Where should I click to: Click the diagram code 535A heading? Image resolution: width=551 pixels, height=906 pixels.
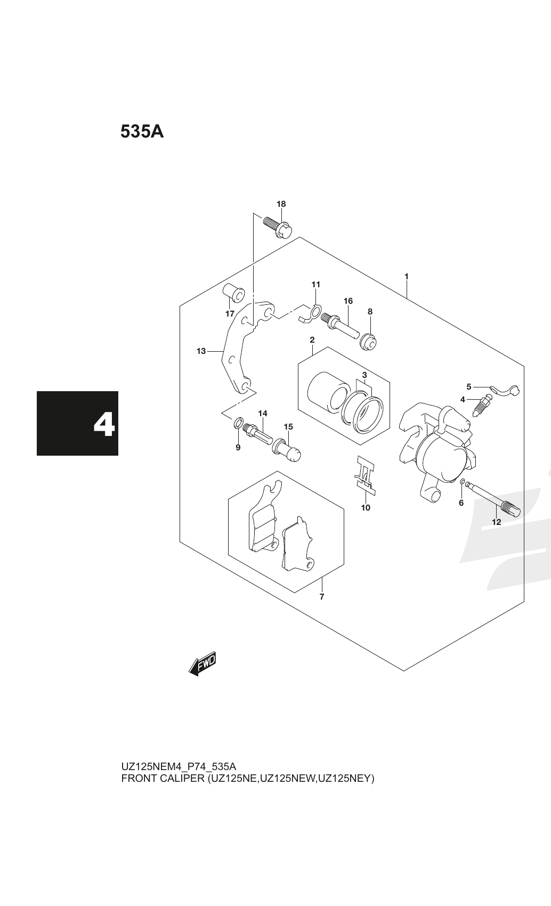point(142,132)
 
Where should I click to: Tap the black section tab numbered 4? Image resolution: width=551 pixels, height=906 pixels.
point(77,423)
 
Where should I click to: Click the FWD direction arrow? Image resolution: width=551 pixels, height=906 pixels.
point(202,664)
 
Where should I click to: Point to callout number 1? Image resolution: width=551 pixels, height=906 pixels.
point(406,277)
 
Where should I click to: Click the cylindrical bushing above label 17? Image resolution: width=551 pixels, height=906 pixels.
point(234,293)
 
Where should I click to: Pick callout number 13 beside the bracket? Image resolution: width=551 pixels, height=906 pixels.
point(201,351)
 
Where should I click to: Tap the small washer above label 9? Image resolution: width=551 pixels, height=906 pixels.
point(238,424)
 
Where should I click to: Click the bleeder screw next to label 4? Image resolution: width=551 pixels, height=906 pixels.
point(482,406)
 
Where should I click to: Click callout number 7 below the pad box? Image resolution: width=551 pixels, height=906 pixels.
point(322,596)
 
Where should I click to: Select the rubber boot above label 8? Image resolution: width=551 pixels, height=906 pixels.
point(368,342)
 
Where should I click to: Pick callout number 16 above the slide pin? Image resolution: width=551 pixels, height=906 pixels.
point(348,301)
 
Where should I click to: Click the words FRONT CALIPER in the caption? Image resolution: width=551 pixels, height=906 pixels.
point(163,779)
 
